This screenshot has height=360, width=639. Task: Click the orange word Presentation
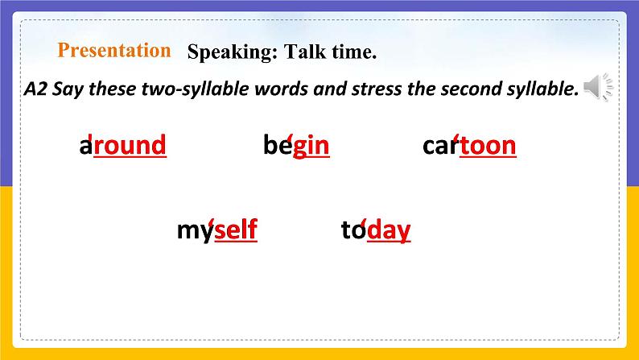(x=114, y=51)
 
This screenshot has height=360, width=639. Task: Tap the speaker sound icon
(x=598, y=87)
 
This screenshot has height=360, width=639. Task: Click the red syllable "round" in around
(x=130, y=146)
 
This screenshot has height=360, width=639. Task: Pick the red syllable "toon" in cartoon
(x=488, y=146)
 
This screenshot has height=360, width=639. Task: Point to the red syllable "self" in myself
(x=236, y=231)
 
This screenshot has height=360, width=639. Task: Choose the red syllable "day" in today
(x=389, y=231)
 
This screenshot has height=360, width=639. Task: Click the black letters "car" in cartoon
(x=439, y=146)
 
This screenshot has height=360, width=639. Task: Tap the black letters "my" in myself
(x=194, y=231)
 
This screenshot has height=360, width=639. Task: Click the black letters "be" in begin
(x=276, y=146)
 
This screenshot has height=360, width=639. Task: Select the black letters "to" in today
(x=352, y=231)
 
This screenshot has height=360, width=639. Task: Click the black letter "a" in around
(x=85, y=146)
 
